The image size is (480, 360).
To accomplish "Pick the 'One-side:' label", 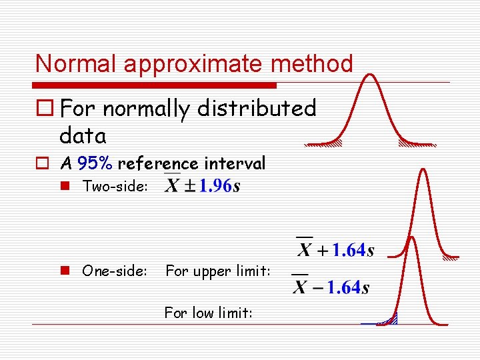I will click(x=115, y=271).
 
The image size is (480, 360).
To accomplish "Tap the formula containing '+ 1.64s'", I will click(x=335, y=250).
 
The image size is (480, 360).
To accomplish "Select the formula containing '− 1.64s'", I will click(x=331, y=287).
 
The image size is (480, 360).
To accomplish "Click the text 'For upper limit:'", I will click(x=218, y=271).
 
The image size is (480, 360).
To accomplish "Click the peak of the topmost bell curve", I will click(x=370, y=75).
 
